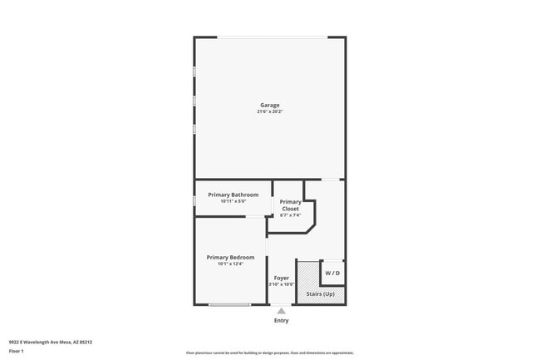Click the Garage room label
click(269, 105)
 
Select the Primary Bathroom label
click(233, 195)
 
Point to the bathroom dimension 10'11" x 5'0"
click(233, 201)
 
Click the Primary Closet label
click(290, 205)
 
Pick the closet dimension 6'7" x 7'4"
click(290, 215)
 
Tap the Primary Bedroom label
click(230, 257)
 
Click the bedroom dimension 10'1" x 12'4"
click(230, 264)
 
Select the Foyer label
click(282, 278)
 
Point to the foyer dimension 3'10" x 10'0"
click(282, 284)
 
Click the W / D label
click(331, 273)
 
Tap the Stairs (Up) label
click(321, 294)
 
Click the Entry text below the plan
click(282, 320)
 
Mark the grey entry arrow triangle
click(282, 311)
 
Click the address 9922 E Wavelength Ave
click(51, 341)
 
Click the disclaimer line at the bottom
click(269, 353)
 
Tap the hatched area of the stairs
click(307, 275)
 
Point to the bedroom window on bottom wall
click(229, 305)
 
